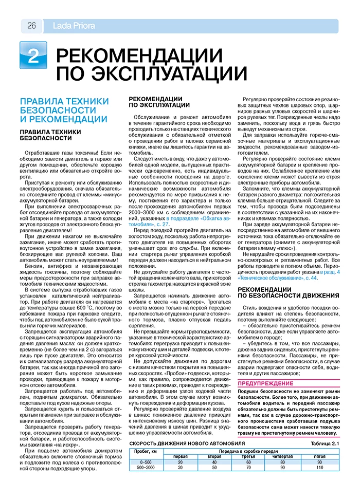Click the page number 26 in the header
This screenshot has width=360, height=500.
pyautogui.click(x=31, y=26)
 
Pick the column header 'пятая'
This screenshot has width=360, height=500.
pyautogui.click(x=319, y=456)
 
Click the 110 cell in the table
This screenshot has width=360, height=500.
pyautogui.click(x=319, y=468)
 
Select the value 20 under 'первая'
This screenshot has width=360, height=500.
pyautogui.click(x=180, y=462)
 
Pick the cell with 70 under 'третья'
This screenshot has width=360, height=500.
pyautogui.click(x=248, y=468)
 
